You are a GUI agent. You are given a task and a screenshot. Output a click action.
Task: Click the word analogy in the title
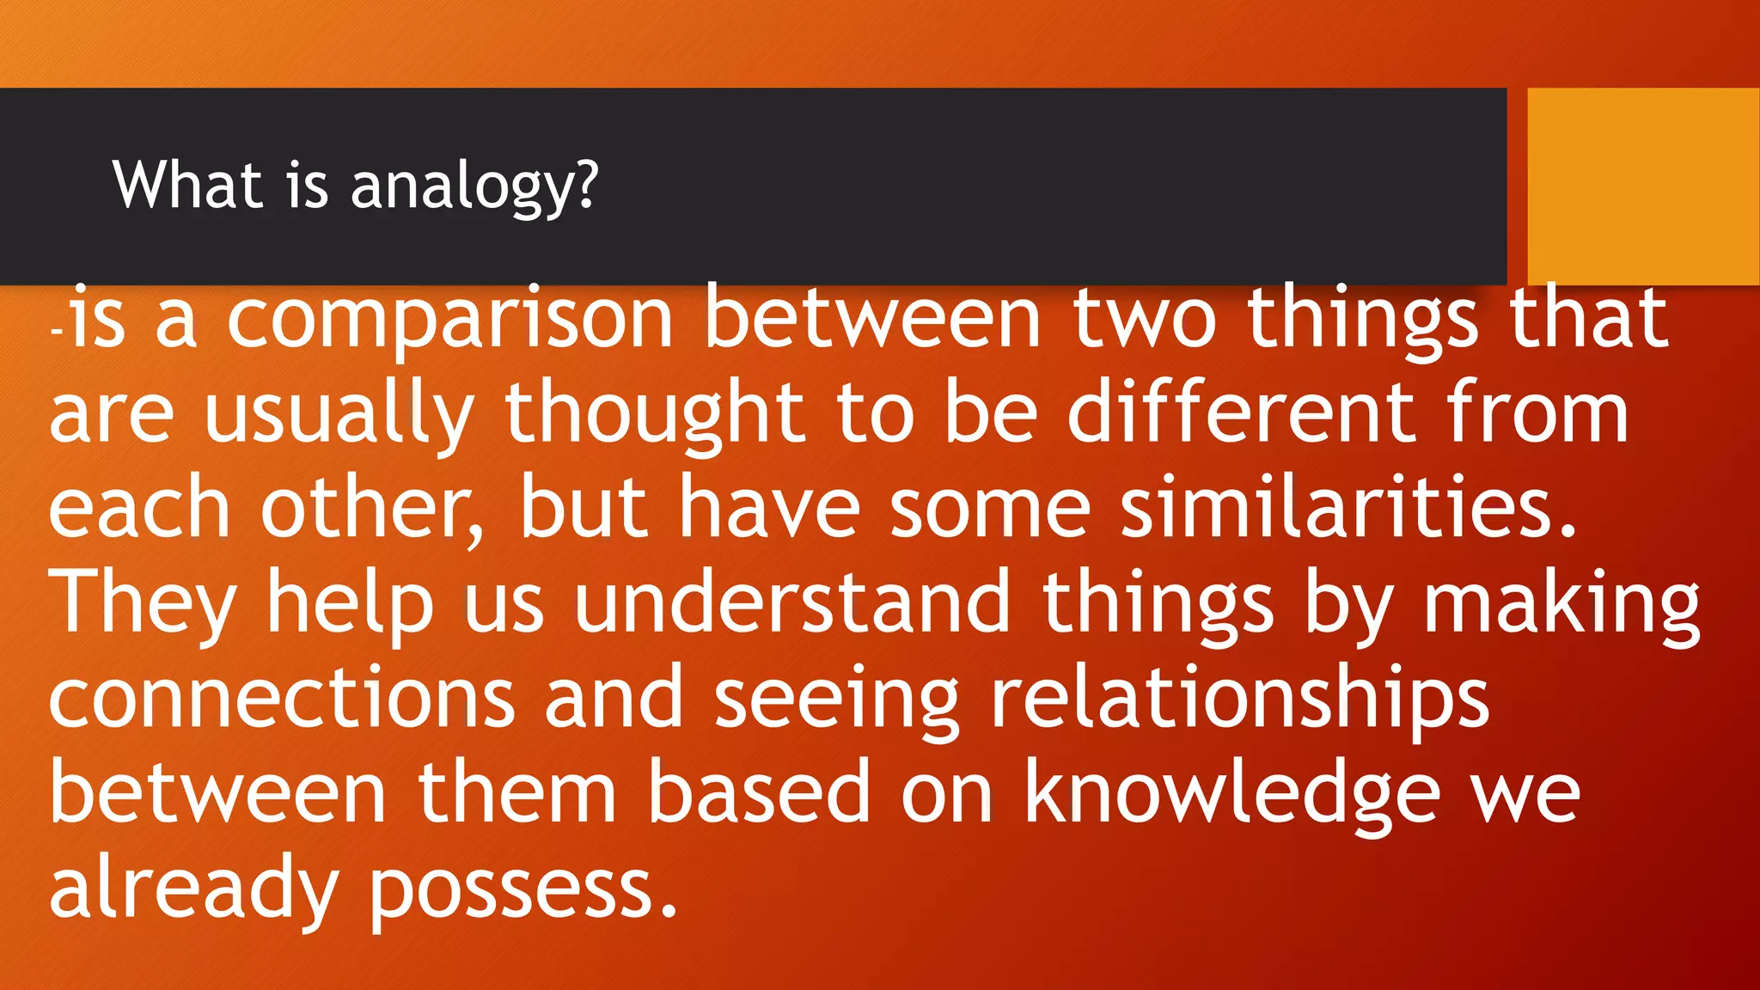click(x=474, y=186)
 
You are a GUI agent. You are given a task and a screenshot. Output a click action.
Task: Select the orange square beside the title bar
click(x=1642, y=186)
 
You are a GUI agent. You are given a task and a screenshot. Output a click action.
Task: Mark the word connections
click(x=281, y=699)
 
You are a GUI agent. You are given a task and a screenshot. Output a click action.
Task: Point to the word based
click(x=760, y=793)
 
